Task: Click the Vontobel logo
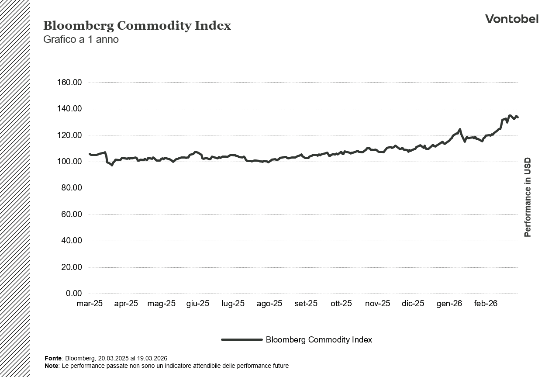[511, 19]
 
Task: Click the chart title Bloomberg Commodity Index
[137, 26]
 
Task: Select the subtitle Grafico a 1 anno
[81, 39]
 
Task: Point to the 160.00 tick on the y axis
[69, 83]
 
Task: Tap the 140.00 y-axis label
[69, 109]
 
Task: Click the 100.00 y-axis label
[69, 162]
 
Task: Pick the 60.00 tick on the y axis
[71, 214]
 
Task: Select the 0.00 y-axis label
[73, 294]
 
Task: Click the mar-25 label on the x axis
[90, 304]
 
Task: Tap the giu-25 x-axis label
[198, 304]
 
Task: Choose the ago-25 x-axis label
[269, 304]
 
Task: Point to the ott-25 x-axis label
[341, 304]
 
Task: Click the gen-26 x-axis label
[449, 304]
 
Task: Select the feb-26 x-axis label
[486, 304]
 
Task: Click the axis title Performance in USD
[528, 197]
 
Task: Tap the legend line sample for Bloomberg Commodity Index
[241, 339]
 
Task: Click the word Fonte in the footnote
[53, 358]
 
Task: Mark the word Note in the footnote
[52, 366]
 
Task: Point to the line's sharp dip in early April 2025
[111, 165]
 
